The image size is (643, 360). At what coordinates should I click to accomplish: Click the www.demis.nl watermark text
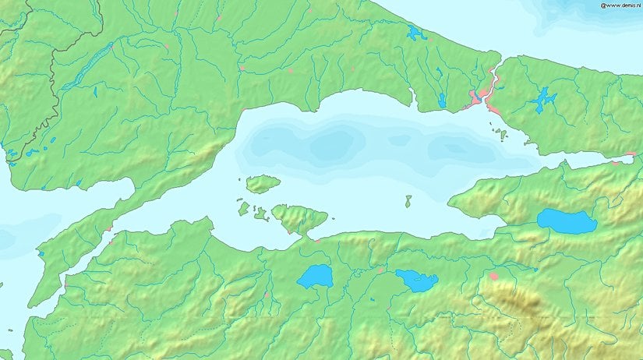620,5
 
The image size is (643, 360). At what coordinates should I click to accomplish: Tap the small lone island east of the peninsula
408,201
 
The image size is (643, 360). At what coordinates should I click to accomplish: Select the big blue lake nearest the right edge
567,221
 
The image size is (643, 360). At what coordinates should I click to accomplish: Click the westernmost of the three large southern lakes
315,277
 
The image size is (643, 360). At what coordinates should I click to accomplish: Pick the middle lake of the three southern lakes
416,280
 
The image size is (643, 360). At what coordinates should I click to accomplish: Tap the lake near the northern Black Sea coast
415,34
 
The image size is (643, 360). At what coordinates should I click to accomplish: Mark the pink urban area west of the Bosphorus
475,98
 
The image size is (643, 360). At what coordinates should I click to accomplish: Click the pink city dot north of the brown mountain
493,276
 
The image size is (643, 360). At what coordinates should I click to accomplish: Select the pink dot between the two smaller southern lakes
380,270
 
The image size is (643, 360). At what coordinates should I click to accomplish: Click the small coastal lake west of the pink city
441,101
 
